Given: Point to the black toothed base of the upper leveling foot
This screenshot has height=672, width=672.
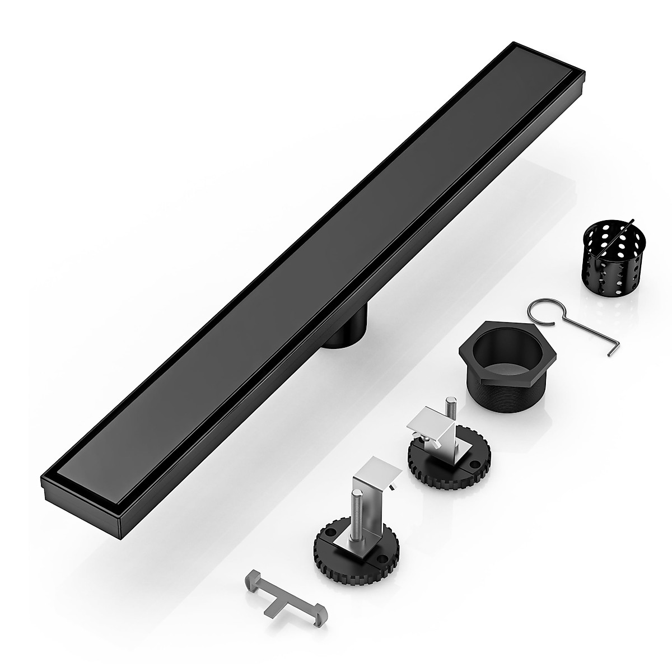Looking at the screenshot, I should point(448,476).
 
